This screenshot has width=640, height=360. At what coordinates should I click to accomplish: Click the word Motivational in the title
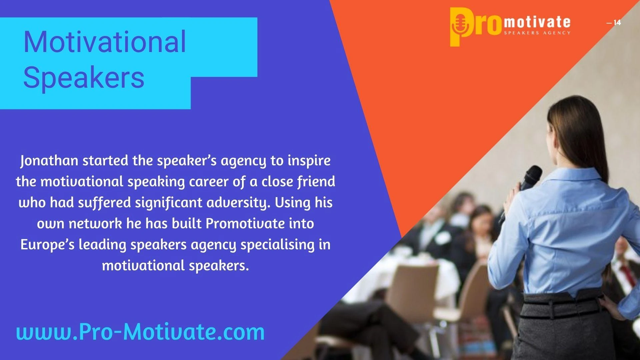click(x=105, y=42)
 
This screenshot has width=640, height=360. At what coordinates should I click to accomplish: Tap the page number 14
click(x=617, y=23)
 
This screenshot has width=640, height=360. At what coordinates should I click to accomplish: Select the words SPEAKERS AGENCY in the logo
click(x=537, y=33)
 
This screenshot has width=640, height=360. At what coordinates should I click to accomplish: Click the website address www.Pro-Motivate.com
click(x=140, y=332)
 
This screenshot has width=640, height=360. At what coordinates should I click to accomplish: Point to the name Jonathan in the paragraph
click(x=49, y=161)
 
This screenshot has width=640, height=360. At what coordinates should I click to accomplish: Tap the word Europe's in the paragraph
click(x=47, y=244)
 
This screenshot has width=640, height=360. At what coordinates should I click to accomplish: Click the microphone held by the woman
click(x=527, y=183)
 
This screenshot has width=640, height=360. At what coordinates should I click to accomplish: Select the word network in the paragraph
click(x=95, y=223)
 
